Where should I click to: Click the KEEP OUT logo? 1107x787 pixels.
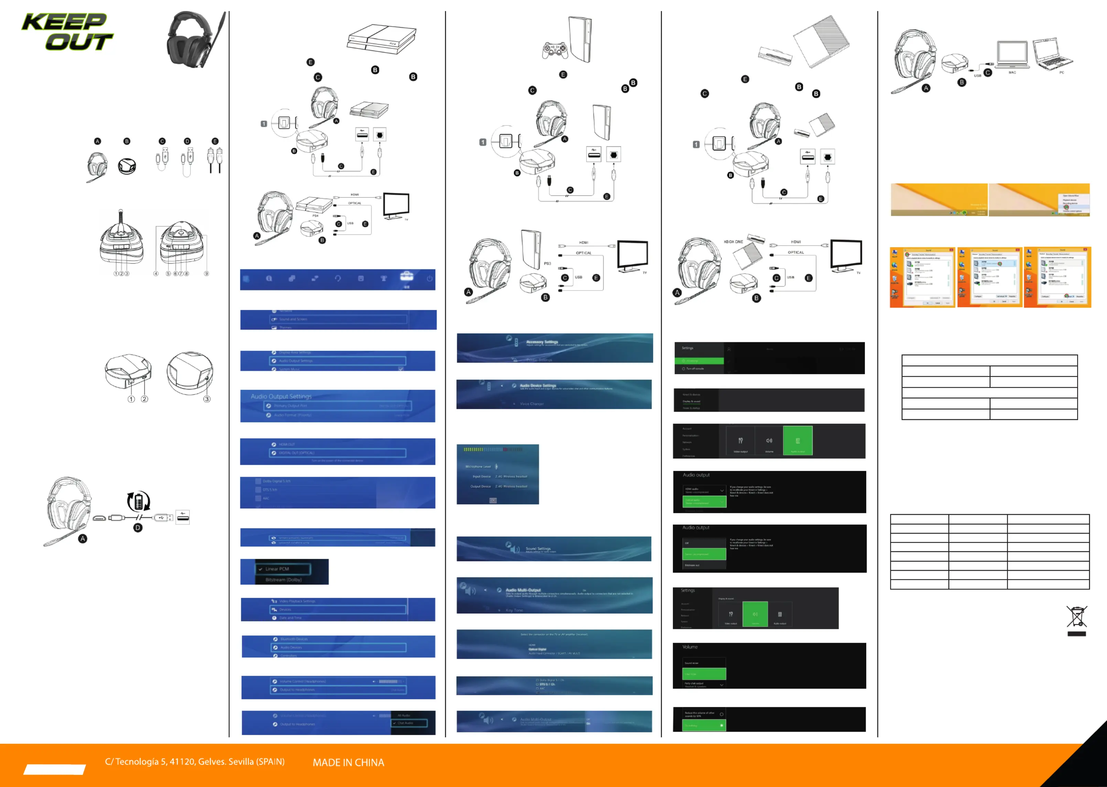[x=67, y=32]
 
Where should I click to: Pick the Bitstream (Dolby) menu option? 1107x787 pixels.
[x=284, y=579]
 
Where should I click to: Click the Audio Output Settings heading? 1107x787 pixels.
[x=281, y=396]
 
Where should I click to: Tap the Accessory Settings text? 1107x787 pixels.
[x=542, y=342]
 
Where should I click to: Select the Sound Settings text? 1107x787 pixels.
[x=538, y=548]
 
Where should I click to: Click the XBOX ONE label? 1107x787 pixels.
[x=733, y=241]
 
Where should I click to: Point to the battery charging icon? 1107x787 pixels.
[x=139, y=501]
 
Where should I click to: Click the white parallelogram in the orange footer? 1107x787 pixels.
[x=54, y=769]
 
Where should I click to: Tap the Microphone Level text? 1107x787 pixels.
[x=478, y=467]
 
